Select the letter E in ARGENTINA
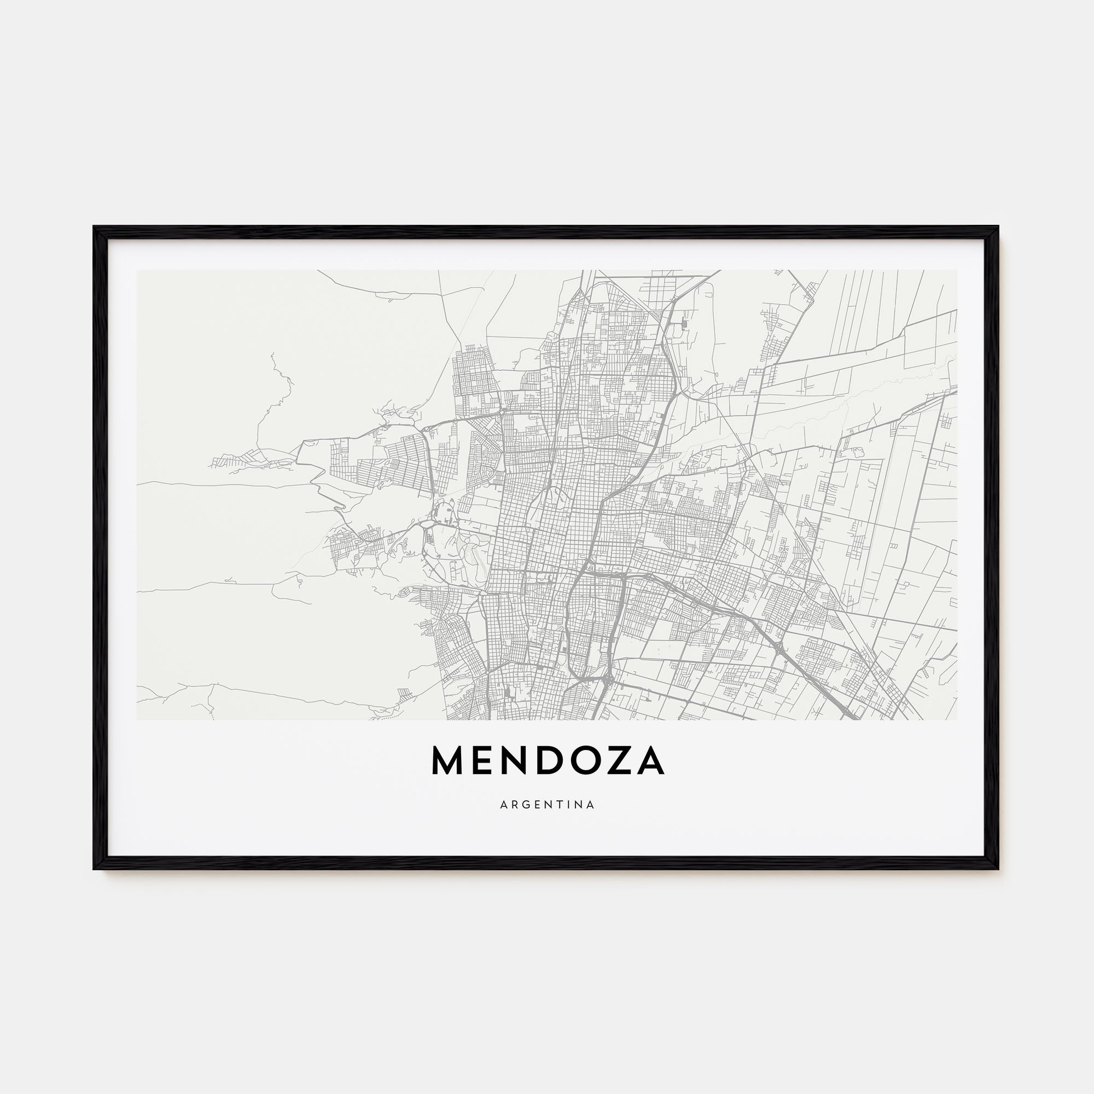pyautogui.click(x=536, y=805)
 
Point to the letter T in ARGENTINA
pyautogui.click(x=558, y=805)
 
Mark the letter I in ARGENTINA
pyautogui.click(x=567, y=805)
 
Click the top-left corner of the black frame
pyautogui.click(x=94, y=227)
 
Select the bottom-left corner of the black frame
pyautogui.click(x=94, y=869)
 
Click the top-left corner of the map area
pyautogui.click(x=137, y=270)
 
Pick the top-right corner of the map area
pyautogui.click(x=957, y=270)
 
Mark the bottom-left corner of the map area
pyautogui.click(x=137, y=720)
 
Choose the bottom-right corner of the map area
pyautogui.click(x=957, y=720)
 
